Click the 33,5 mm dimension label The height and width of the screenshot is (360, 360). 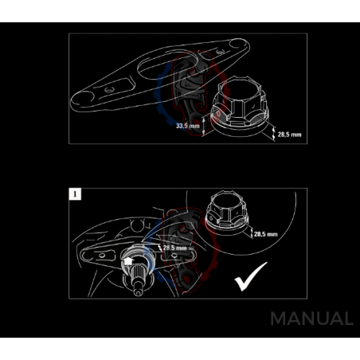(x=188, y=125)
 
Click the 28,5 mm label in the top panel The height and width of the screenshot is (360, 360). (x=289, y=135)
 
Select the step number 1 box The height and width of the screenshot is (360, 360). (x=74, y=194)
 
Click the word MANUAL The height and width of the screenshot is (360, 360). (x=311, y=319)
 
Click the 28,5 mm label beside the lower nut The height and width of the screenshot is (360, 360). (x=264, y=234)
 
